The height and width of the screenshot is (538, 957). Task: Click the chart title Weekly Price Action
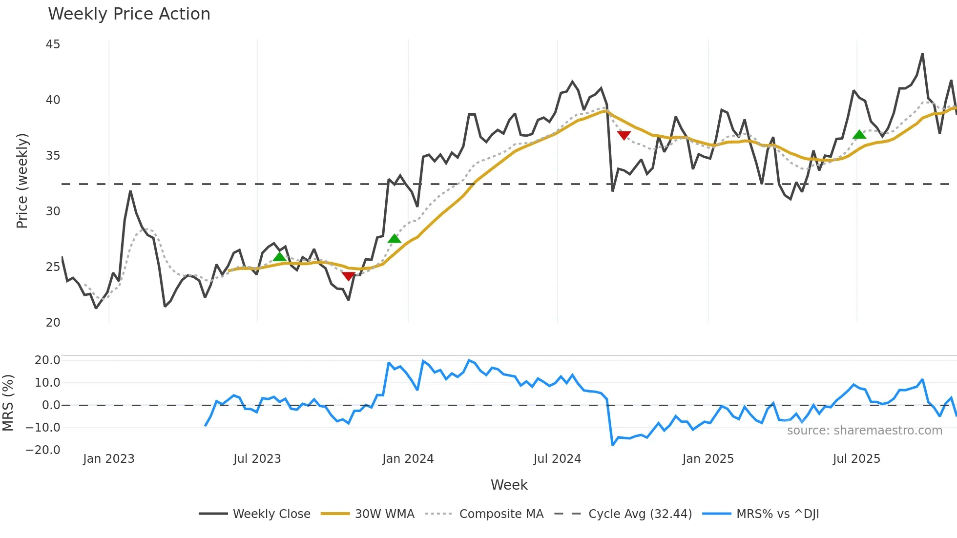[129, 14]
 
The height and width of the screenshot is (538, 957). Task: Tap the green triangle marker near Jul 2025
[859, 134]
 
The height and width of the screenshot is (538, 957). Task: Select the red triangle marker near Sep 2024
[624, 135]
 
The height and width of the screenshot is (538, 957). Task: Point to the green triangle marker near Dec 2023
[394, 238]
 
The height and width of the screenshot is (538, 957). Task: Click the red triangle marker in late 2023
[348, 276]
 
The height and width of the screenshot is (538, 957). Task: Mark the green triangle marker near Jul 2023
[279, 257]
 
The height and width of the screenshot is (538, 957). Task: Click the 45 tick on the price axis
[53, 44]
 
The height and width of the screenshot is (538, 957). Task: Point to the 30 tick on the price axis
[53, 211]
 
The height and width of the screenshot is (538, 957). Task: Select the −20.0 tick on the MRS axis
[43, 450]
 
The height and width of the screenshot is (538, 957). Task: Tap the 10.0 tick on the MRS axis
[47, 382]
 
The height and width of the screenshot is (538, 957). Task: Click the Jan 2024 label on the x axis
[408, 459]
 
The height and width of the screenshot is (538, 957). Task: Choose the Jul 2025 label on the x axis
[856, 459]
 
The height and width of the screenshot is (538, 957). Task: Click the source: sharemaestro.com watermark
[864, 431]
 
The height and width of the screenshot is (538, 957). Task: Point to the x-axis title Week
[509, 485]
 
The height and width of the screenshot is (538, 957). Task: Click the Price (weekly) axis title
[22, 181]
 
